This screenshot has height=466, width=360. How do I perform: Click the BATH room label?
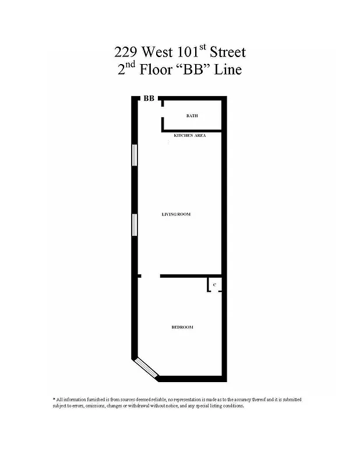click(192, 116)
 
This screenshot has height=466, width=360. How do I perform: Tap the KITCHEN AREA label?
click(189, 135)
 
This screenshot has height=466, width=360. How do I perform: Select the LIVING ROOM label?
click(176, 214)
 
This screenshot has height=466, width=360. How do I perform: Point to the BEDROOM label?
click(182, 327)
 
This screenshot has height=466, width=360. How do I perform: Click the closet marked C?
click(214, 285)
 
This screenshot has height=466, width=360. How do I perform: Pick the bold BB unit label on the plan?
click(149, 99)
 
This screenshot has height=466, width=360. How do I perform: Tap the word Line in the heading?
click(228, 70)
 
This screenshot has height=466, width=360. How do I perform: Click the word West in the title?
click(158, 52)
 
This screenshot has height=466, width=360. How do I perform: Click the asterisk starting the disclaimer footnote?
click(54, 399)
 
